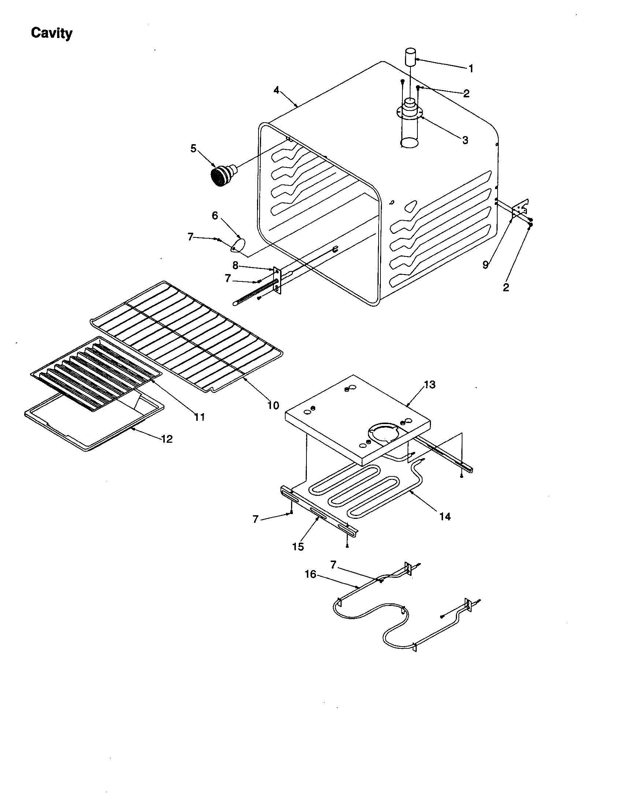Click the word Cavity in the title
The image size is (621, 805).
(x=52, y=33)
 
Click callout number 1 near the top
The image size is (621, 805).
(x=471, y=68)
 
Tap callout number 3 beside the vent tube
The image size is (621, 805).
(x=465, y=140)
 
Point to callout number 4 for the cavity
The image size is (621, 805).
(x=276, y=90)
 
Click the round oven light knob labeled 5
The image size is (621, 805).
(x=221, y=177)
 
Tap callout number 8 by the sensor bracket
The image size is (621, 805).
(x=235, y=265)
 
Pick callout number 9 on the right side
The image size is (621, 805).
(x=486, y=264)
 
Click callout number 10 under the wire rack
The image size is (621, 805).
(x=273, y=405)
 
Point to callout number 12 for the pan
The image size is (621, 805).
(x=167, y=439)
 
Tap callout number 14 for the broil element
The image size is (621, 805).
(x=445, y=517)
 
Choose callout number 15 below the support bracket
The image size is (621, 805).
(x=298, y=547)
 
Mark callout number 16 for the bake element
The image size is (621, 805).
(x=310, y=574)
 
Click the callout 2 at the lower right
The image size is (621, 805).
(x=506, y=288)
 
